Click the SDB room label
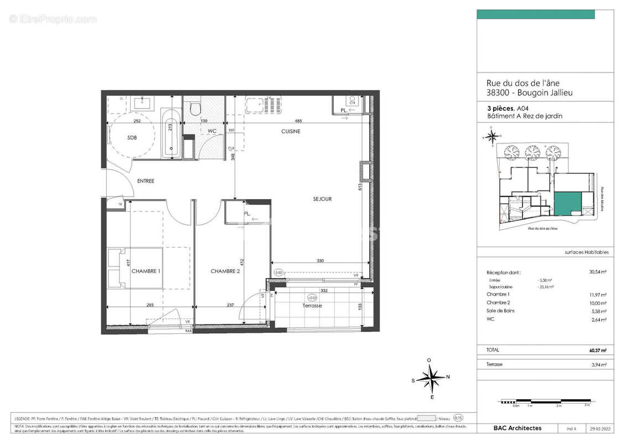(132, 137)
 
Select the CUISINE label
(291, 131)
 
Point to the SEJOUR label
(322, 199)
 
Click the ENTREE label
(146, 181)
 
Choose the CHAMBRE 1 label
(146, 271)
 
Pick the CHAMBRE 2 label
(225, 271)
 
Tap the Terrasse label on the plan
(312, 306)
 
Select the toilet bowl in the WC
(194, 109)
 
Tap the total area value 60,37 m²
(598, 350)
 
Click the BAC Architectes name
(518, 428)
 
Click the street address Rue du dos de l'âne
(520, 84)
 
